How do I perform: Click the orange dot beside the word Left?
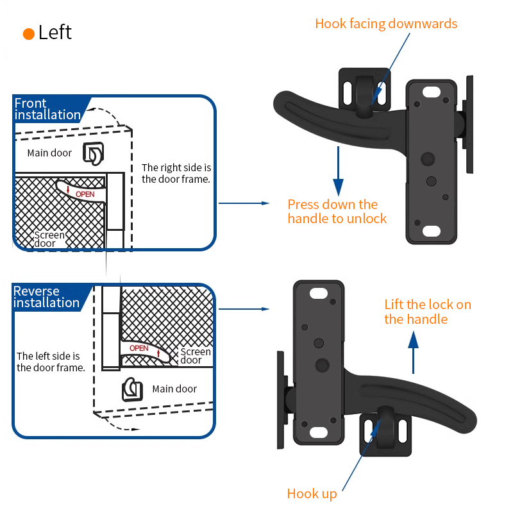point(29,34)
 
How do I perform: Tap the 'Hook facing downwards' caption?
point(386,24)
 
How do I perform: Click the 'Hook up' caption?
point(312,494)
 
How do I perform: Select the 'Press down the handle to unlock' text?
point(337,212)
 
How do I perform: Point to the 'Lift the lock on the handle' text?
point(428,312)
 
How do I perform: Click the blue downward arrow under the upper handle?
point(338,171)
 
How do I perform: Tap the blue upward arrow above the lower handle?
point(413,352)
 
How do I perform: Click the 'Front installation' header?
point(47,109)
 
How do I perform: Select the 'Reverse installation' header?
point(46,297)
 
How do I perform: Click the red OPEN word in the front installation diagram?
point(85,194)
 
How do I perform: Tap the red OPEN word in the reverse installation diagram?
point(139,348)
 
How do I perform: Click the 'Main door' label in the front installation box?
point(49,153)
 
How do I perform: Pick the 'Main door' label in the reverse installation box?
point(174,389)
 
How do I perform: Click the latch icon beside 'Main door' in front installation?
point(93,153)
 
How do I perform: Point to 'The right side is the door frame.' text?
point(176,173)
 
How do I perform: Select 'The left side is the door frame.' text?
point(51,362)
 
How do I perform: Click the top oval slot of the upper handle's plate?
point(431,92)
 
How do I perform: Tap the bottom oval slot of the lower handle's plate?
point(318,432)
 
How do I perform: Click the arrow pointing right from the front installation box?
point(244,203)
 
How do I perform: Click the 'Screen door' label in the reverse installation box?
point(196,356)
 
